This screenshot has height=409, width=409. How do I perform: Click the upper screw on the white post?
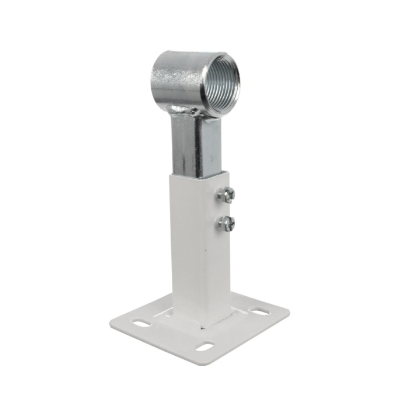tap(228, 195)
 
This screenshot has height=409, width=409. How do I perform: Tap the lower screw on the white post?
tap(227, 222)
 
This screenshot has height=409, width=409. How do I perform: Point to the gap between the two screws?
tap(227, 209)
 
